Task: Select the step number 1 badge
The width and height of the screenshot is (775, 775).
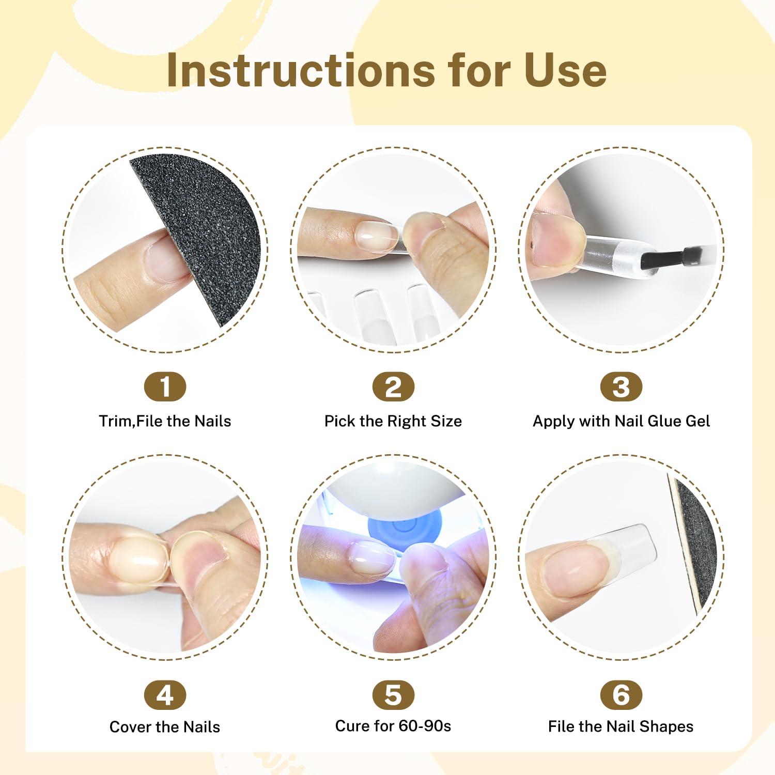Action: (x=165, y=386)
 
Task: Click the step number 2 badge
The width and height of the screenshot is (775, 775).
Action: (x=393, y=386)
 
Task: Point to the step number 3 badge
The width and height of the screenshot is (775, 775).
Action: (x=621, y=386)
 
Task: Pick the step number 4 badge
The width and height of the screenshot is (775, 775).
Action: (x=165, y=695)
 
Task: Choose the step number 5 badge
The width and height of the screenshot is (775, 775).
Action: (x=393, y=695)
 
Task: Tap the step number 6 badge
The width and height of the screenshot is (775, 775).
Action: (x=621, y=695)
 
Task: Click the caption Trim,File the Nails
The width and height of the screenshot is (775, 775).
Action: (x=165, y=421)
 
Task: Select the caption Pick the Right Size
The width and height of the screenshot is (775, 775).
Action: (x=393, y=421)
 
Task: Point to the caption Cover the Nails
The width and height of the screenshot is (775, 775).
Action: (x=165, y=727)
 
